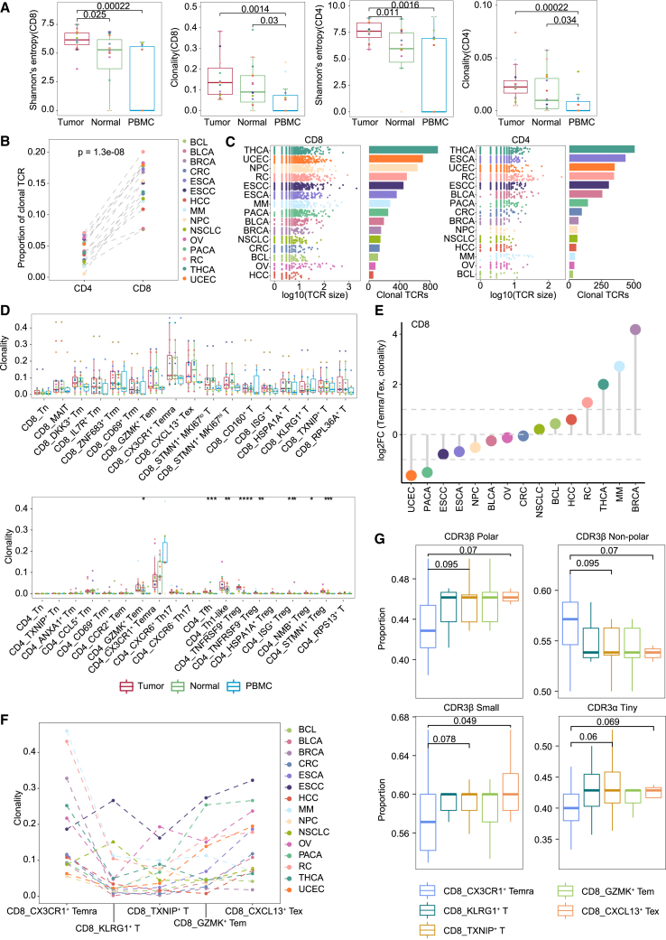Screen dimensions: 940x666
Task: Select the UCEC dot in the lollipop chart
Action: (412, 475)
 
